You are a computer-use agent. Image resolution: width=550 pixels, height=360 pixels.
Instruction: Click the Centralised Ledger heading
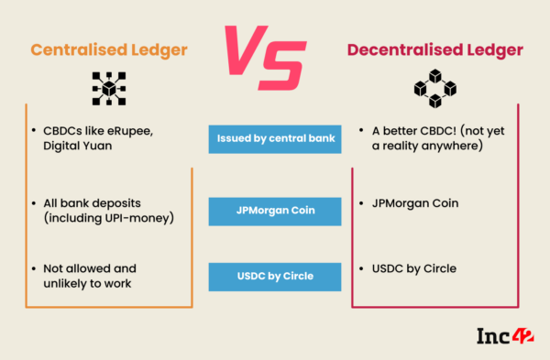click(x=109, y=50)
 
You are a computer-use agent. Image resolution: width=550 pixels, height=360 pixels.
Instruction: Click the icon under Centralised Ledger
click(x=109, y=88)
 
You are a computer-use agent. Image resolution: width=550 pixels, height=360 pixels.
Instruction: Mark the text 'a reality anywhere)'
click(x=429, y=147)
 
